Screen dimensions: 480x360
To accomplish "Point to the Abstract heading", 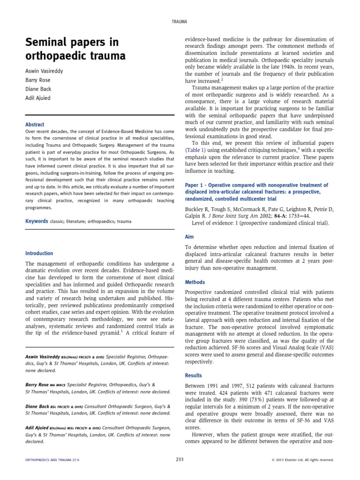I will point(35,125).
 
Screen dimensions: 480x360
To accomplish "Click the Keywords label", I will point(37,221).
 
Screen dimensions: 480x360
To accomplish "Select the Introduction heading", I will point(39,254).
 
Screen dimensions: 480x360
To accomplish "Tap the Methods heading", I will point(195,283).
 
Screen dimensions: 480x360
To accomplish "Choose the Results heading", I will point(194,375).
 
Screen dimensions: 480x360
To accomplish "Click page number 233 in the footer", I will point(180,460).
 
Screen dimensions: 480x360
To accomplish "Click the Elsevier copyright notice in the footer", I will point(302,460).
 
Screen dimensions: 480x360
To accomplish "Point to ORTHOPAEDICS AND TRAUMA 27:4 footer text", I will point(52,460).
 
